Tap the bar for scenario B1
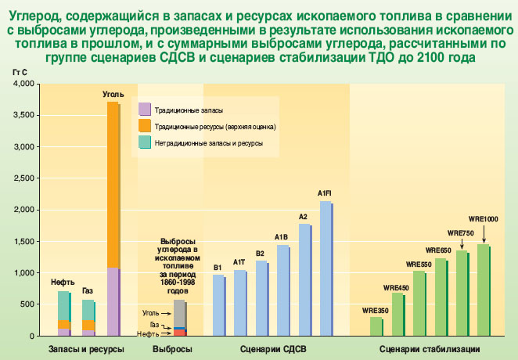click(x=218, y=305)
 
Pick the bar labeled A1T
click(x=240, y=303)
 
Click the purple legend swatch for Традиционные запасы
click(x=144, y=109)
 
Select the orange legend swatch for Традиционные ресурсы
click(x=144, y=125)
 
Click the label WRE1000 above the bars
click(x=483, y=218)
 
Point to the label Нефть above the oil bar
click(x=63, y=282)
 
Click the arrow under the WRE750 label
click(x=462, y=243)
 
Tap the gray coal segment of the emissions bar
click(x=179, y=313)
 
